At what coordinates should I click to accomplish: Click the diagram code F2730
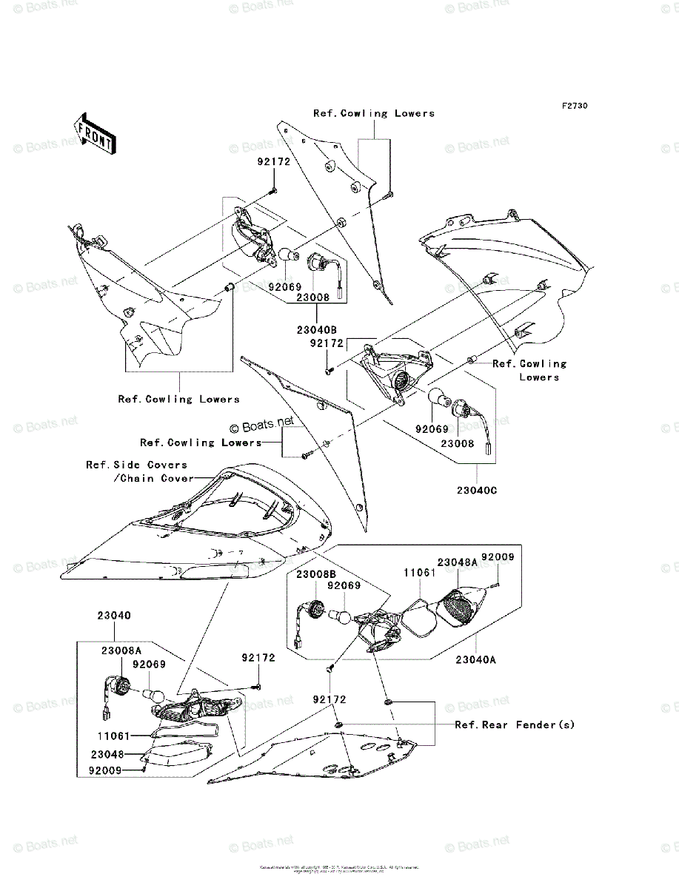pos(574,107)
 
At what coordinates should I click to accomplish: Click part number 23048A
pos(457,562)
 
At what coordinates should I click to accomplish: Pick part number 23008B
pos(317,573)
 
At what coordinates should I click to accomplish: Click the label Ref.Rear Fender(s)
pos(515,724)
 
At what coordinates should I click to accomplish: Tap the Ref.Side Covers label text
pos(136,465)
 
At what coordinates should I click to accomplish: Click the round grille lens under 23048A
pos(457,604)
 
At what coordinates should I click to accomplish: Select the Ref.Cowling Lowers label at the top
pos(373,113)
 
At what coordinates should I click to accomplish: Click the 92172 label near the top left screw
pos(273,160)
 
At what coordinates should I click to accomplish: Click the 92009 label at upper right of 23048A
pos(498,556)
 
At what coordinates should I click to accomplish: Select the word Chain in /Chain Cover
pos(138,478)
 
